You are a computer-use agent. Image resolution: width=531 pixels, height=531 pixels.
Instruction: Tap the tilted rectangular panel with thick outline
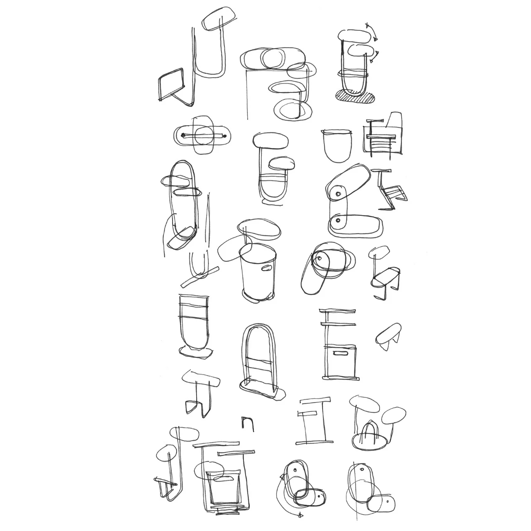(171, 84)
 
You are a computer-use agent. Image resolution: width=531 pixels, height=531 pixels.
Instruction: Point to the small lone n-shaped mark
(247, 423)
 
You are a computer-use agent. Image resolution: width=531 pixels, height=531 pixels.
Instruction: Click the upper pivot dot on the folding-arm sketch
(339, 194)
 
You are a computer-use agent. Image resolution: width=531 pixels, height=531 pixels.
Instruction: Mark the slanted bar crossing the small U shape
(200, 277)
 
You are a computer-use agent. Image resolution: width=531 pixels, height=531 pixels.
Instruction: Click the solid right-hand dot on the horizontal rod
(224, 135)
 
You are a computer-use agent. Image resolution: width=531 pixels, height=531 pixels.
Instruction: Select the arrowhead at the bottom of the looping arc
(300, 515)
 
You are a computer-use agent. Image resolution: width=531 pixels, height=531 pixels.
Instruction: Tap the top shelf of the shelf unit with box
(338, 311)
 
